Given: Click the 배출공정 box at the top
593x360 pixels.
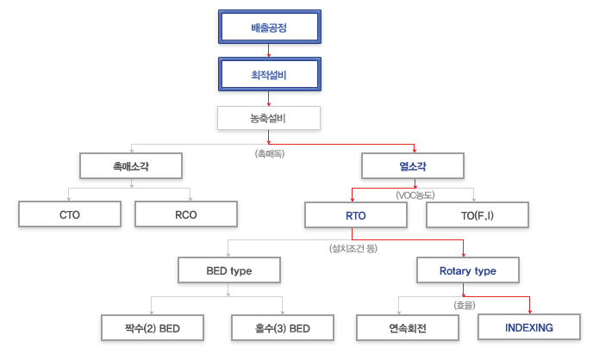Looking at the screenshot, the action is [x=270, y=27].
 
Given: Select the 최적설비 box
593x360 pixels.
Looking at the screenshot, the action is [x=270, y=74].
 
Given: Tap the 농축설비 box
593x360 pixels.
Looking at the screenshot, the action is [x=269, y=118].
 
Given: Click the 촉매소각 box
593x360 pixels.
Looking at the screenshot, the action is [x=131, y=166].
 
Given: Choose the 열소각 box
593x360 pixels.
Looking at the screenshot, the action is [x=413, y=166].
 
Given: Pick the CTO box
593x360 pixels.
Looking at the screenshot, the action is [x=70, y=214].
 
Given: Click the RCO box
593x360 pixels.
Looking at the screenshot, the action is [x=186, y=214].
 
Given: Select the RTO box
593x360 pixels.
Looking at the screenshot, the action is [x=356, y=215].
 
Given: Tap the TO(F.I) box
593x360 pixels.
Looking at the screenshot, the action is [x=478, y=215].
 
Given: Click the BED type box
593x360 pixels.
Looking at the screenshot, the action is [x=229, y=270].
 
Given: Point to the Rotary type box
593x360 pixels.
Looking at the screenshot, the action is [x=468, y=270].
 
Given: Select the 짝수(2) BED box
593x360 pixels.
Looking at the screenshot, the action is [x=153, y=328].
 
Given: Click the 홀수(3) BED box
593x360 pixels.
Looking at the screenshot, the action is [x=283, y=328].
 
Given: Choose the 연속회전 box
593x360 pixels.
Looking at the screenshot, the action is [x=408, y=328].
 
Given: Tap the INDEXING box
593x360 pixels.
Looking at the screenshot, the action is [x=529, y=327].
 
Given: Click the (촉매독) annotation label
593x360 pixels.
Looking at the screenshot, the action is [x=270, y=154].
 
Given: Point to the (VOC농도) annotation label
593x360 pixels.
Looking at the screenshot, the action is [x=415, y=196].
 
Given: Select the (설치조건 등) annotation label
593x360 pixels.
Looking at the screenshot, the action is [x=353, y=248].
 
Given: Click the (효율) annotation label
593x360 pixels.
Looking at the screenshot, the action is [x=465, y=305].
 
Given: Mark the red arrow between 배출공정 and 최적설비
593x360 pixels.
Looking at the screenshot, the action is [x=269, y=51].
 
